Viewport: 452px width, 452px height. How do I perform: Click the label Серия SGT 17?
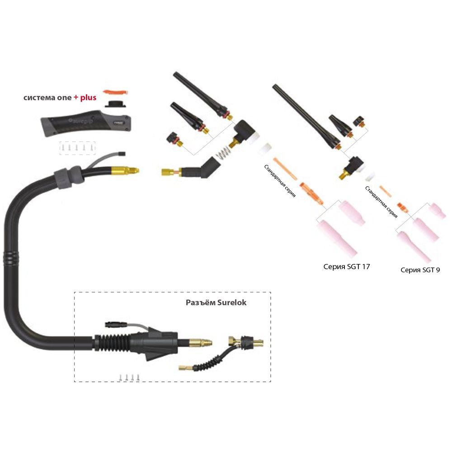[x=347, y=266]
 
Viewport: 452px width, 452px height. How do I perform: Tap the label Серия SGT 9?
[x=420, y=270]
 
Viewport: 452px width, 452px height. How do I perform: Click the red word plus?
[x=88, y=97]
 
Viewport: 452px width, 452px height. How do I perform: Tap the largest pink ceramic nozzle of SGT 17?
[x=336, y=234]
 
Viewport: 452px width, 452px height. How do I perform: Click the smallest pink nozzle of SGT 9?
[x=436, y=208]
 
